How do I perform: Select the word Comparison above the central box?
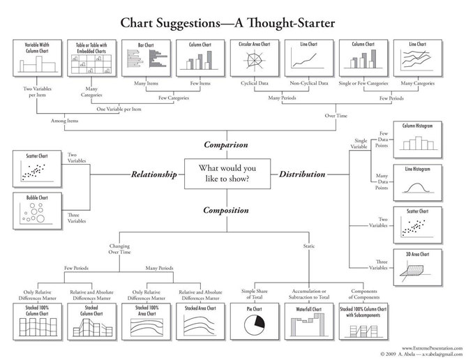click(225, 145)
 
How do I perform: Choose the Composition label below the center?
click(225, 209)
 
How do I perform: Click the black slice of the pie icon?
click(261, 322)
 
